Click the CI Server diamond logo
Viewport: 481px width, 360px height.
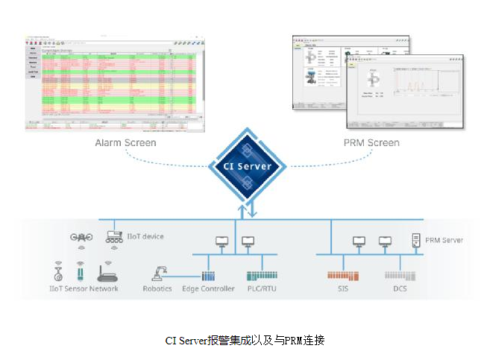pyautogui.click(x=248, y=165)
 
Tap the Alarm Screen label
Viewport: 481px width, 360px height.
pyautogui.click(x=125, y=142)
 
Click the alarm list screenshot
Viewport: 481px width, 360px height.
pyautogui.click(x=114, y=83)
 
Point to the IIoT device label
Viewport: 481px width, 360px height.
pyautogui.click(x=146, y=236)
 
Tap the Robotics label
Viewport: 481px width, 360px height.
pyautogui.click(x=157, y=288)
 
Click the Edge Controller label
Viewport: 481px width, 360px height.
pyautogui.click(x=208, y=288)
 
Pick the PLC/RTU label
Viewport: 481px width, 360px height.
pyautogui.click(x=261, y=288)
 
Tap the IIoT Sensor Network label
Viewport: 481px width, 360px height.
pyautogui.click(x=83, y=288)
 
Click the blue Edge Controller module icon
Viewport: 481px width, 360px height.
pyautogui.click(x=208, y=275)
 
